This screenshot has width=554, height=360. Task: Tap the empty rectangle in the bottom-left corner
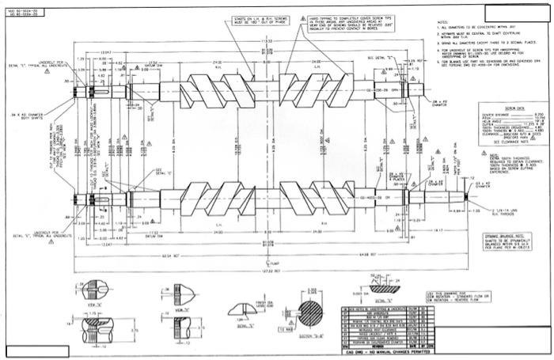36,351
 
